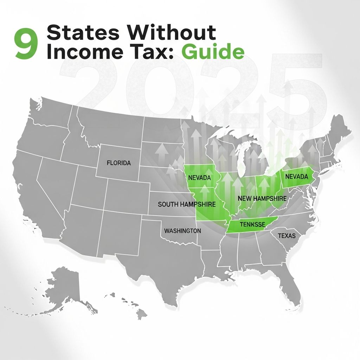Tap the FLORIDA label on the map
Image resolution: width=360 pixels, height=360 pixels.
(x=118, y=163)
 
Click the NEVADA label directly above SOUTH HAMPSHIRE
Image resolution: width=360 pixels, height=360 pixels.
(x=199, y=178)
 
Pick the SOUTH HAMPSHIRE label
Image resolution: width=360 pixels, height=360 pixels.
(x=186, y=204)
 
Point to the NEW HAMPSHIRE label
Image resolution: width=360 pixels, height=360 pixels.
(x=262, y=199)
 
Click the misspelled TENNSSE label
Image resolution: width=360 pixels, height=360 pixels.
(x=252, y=224)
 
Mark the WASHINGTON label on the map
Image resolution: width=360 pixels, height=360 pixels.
(x=182, y=231)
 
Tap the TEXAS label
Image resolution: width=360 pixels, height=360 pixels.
(x=287, y=236)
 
